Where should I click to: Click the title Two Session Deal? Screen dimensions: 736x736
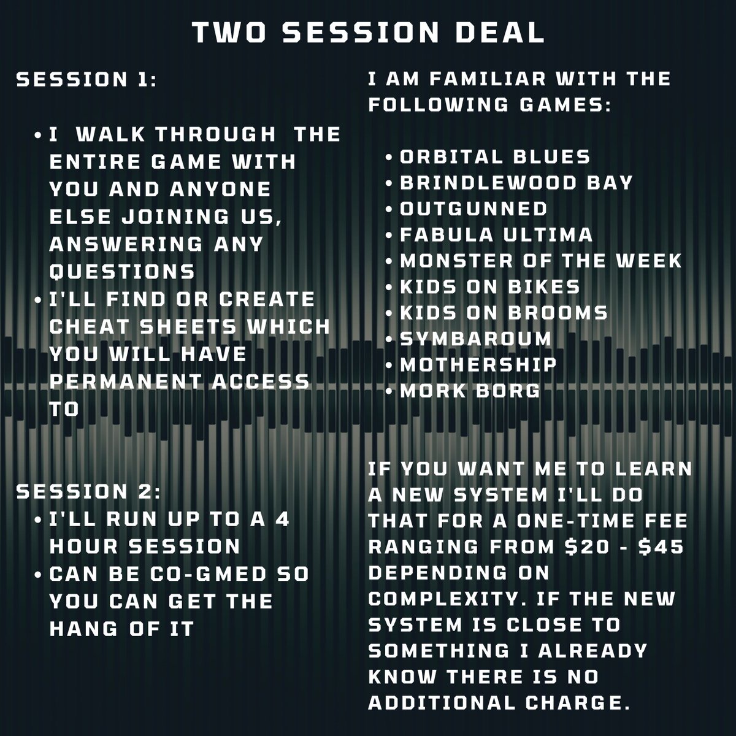368,33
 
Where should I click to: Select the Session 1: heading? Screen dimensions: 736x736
86,80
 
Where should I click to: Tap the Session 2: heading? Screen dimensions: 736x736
90,491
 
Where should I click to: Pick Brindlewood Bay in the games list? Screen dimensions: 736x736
516,183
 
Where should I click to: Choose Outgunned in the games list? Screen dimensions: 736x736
473,209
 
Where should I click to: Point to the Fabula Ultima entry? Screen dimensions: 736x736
496,234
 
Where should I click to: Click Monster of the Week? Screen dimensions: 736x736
540,260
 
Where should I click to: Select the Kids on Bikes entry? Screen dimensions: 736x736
489,286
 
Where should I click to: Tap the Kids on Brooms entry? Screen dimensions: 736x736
504,312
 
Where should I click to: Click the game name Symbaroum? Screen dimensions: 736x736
475,338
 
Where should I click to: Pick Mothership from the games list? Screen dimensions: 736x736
478,364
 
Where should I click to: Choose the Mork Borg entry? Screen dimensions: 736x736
470,390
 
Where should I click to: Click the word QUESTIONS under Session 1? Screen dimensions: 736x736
122,271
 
